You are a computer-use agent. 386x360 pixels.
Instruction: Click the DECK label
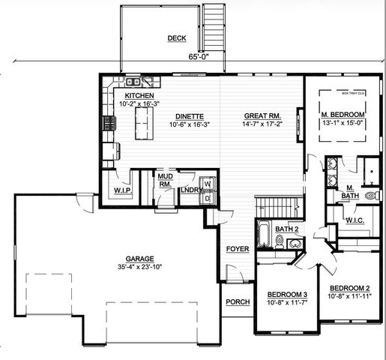[177, 37]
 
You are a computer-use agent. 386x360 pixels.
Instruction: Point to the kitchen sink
[132, 82]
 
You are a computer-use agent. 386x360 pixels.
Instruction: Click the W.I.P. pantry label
[123, 190]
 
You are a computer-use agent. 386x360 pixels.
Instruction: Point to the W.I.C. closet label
[354, 220]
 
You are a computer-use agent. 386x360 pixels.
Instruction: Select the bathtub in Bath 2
[264, 235]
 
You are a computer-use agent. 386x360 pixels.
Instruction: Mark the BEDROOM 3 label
[286, 293]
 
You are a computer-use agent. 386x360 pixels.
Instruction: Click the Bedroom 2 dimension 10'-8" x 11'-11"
[350, 297]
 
